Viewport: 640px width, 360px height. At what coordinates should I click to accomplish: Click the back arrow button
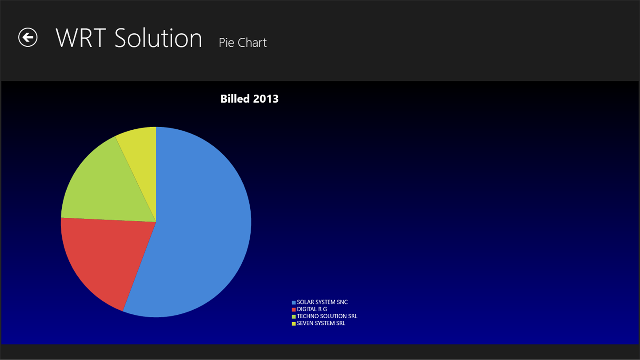click(28, 37)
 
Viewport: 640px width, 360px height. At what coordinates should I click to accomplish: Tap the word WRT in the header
click(81, 38)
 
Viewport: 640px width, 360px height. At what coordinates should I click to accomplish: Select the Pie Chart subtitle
click(243, 43)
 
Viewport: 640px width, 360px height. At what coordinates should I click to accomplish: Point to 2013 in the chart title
click(266, 99)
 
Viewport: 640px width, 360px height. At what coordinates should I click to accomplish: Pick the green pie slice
click(106, 188)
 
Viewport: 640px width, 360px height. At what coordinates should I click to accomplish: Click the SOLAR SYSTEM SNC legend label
click(322, 302)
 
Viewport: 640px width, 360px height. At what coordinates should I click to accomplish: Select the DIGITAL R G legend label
click(312, 309)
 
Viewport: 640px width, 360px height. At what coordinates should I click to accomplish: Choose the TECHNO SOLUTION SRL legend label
click(327, 316)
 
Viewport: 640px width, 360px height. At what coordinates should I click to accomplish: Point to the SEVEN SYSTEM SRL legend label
click(321, 323)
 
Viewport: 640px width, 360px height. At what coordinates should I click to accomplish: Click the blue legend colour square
click(294, 303)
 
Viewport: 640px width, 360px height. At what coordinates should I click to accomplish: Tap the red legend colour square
click(294, 309)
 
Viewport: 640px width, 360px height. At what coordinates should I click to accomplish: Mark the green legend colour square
click(294, 316)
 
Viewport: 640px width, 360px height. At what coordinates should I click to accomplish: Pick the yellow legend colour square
click(294, 324)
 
